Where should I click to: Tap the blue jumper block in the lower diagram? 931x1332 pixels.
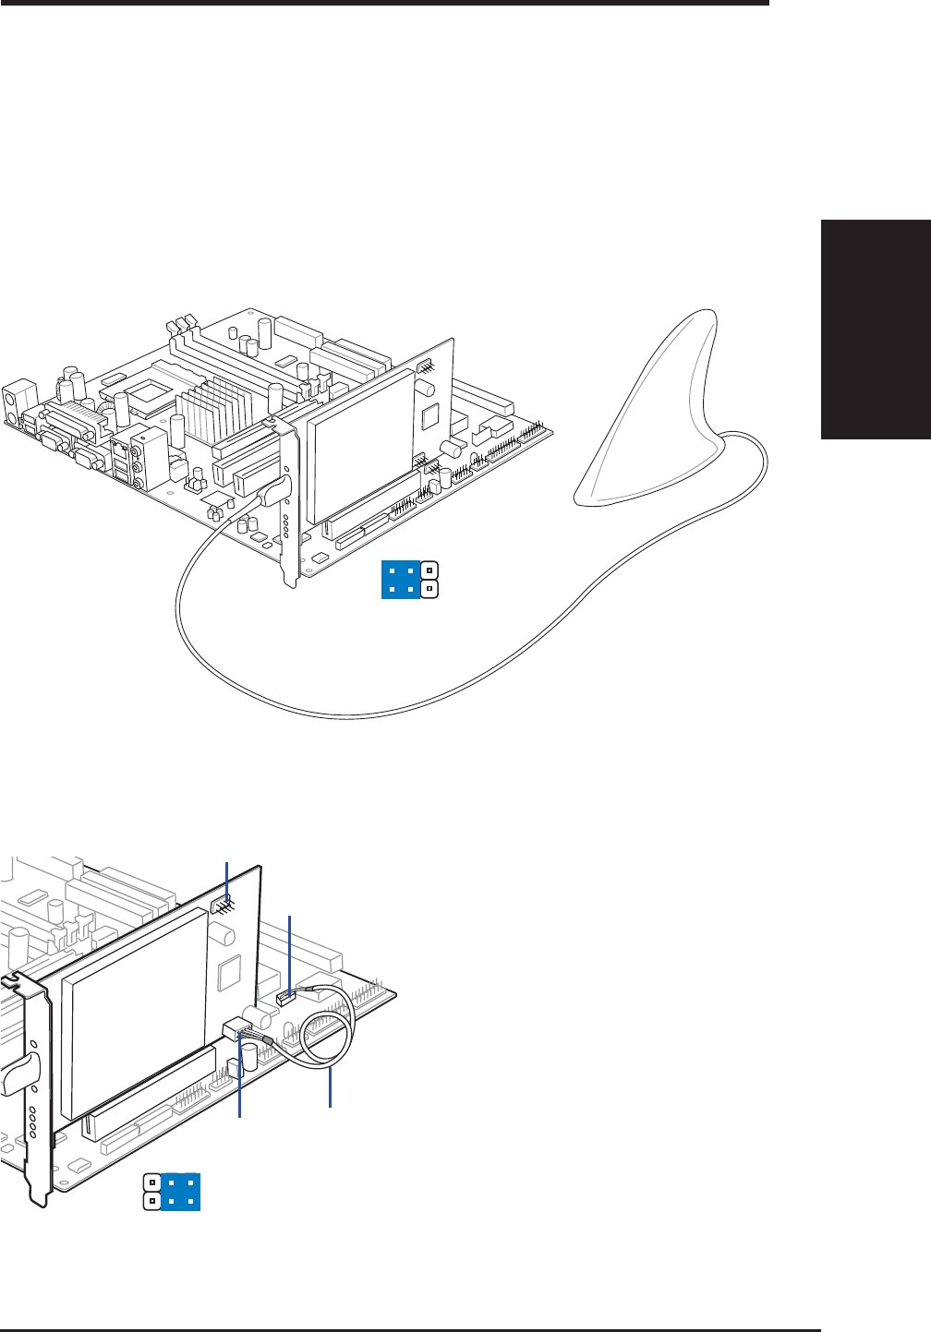[179, 1192]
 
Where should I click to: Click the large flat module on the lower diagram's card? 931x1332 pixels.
[134, 1011]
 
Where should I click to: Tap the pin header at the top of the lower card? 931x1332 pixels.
[223, 906]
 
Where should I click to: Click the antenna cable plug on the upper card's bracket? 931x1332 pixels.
[275, 490]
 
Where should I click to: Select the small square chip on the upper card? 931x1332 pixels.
[429, 416]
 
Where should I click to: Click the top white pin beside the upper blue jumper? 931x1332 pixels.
[429, 570]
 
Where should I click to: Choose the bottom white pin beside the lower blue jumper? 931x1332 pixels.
[151, 1202]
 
